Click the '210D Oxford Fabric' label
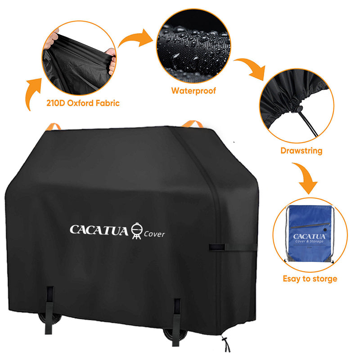point(83,103)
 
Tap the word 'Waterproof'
point(193,91)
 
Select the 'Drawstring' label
point(301,151)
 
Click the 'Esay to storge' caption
point(310,279)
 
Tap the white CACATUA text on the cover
point(99,229)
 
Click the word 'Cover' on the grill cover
point(154,234)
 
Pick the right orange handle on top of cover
point(193,123)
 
